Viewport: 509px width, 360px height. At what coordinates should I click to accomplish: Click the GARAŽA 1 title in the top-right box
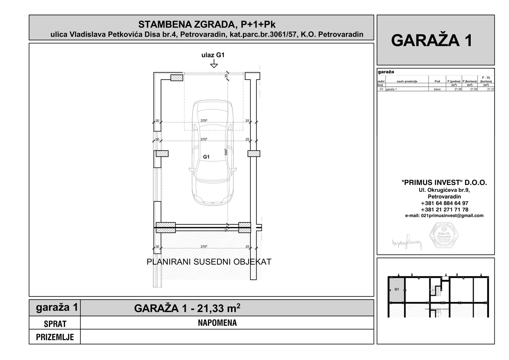(x=432, y=40)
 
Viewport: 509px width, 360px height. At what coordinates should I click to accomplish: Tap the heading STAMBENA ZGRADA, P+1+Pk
(x=207, y=24)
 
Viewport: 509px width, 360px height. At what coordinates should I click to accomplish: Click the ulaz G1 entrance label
(x=213, y=55)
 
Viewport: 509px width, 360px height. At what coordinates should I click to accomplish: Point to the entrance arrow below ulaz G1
(x=214, y=64)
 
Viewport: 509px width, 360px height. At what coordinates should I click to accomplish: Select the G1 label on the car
(x=206, y=157)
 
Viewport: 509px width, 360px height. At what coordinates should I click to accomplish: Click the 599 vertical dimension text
(x=226, y=152)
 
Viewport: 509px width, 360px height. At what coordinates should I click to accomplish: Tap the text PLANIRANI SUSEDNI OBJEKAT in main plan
(x=209, y=262)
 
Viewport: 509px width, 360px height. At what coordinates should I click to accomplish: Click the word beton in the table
(x=437, y=89)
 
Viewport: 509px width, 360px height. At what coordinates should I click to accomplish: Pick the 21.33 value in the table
(x=490, y=89)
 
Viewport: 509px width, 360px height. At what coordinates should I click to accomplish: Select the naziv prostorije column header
(x=407, y=81)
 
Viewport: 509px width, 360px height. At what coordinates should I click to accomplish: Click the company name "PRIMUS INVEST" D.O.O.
(x=444, y=183)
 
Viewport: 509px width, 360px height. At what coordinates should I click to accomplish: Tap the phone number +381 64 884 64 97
(x=444, y=203)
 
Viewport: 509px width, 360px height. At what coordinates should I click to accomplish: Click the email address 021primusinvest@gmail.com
(x=444, y=216)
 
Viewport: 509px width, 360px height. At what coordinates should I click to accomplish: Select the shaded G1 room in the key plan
(x=396, y=289)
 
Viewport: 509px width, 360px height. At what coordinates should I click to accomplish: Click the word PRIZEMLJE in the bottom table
(x=55, y=337)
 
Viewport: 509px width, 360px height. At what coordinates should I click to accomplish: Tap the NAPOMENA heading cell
(x=217, y=323)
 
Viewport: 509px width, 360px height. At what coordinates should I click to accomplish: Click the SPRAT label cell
(x=55, y=324)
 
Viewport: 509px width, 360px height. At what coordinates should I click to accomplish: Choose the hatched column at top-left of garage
(x=177, y=78)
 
